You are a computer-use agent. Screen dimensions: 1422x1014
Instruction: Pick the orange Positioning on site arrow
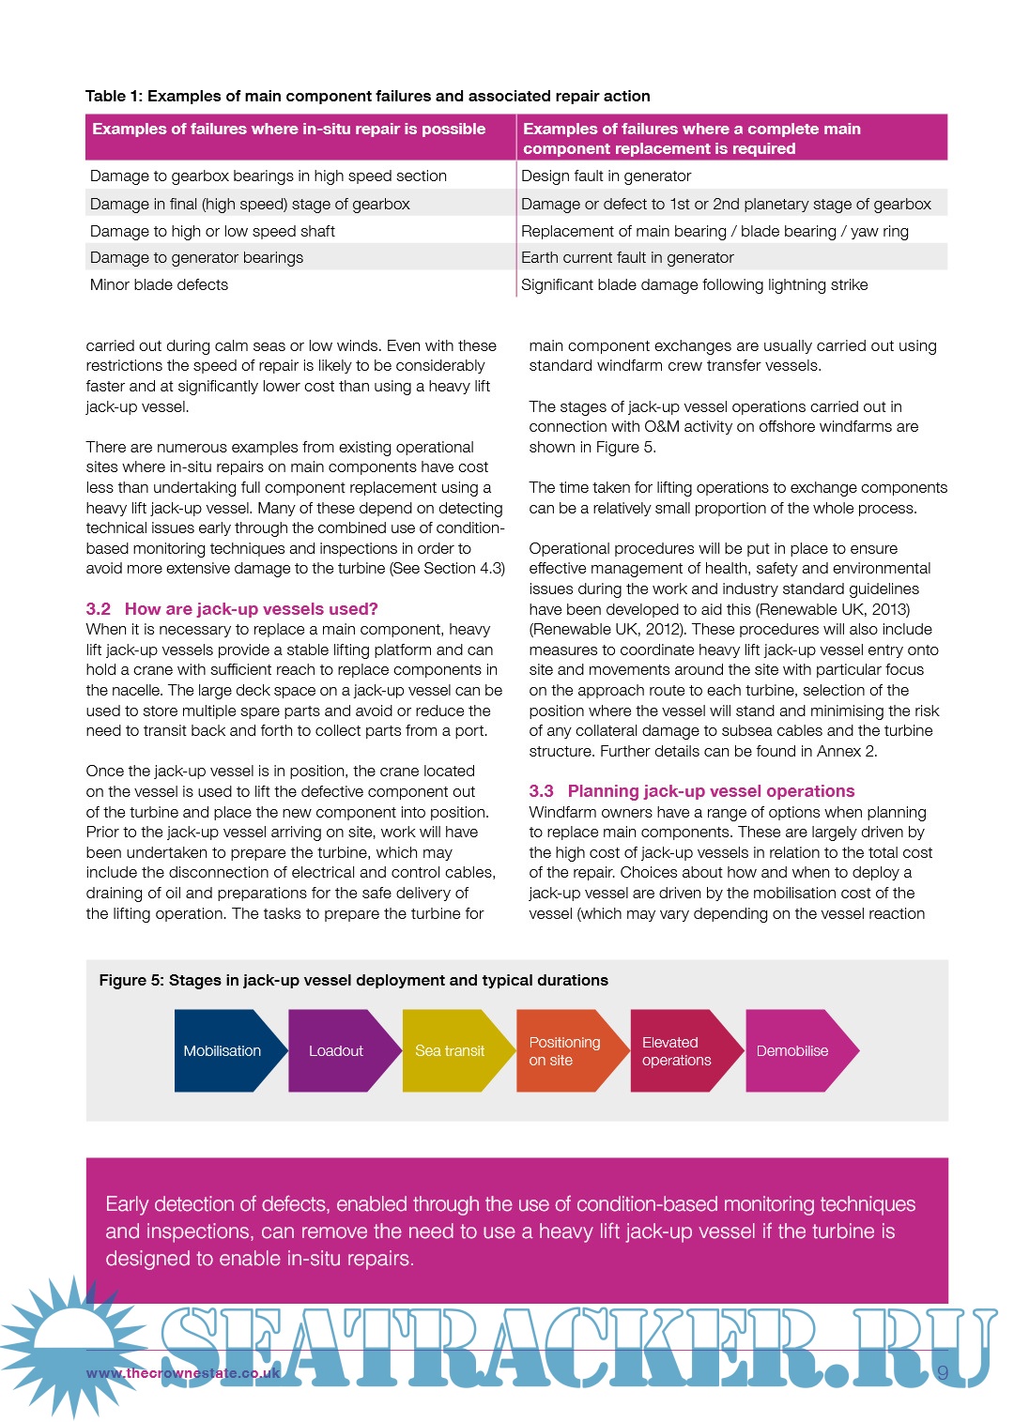pos(564,1050)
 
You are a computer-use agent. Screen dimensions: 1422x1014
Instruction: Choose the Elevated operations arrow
pos(677,1050)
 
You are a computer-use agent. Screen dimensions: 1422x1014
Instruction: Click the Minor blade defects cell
pos(160,284)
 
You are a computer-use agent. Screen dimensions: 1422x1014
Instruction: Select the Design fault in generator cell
pos(607,176)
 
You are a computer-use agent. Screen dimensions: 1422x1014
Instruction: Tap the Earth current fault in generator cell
pos(627,257)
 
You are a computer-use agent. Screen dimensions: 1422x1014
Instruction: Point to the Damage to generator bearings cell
pos(197,257)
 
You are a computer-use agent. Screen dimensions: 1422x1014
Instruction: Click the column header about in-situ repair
pos(289,130)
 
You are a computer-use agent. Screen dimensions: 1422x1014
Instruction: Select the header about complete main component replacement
pos(692,138)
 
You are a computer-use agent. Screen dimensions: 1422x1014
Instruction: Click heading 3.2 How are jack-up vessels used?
pos(232,609)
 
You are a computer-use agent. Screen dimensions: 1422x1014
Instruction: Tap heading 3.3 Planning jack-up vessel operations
pos(692,791)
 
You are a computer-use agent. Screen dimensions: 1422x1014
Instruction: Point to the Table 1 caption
pos(368,96)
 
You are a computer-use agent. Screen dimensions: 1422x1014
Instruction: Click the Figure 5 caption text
pos(354,980)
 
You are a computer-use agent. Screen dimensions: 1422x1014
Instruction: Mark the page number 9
pos(943,1373)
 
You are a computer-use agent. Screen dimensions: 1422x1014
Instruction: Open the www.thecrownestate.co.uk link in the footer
pos(183,1373)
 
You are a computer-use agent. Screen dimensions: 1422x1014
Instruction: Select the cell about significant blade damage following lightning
pos(695,284)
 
